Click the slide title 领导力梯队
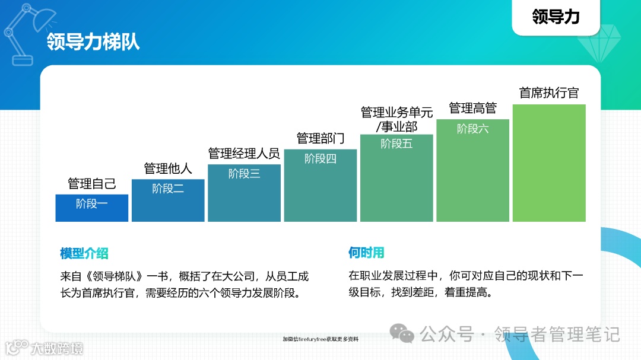(x=93, y=43)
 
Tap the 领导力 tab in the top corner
(x=556, y=17)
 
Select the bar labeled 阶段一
(x=92, y=208)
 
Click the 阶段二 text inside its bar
(x=168, y=189)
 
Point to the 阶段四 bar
(x=320, y=185)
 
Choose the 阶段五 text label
(x=396, y=144)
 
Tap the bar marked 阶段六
(x=473, y=170)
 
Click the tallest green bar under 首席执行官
(x=549, y=163)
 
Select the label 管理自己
(x=92, y=183)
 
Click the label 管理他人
(x=168, y=168)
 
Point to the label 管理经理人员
(x=244, y=154)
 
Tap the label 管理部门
(x=320, y=139)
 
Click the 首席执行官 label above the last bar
(x=549, y=93)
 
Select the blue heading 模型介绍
(x=84, y=253)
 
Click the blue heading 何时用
(x=366, y=253)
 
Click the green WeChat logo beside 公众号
(x=406, y=334)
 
